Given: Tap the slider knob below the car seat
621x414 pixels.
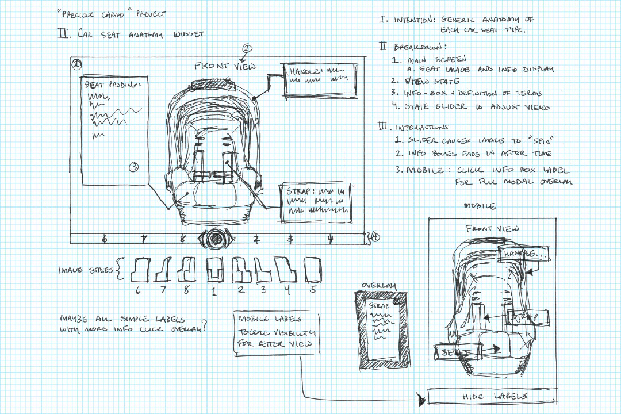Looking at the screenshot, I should click(x=216, y=238).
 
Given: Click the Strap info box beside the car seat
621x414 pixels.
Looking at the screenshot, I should click(x=315, y=202).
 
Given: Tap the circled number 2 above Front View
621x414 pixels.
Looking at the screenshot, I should click(x=247, y=48).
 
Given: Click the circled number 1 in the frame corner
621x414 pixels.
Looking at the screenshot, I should click(x=76, y=64).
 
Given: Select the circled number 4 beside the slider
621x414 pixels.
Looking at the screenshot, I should click(x=375, y=236).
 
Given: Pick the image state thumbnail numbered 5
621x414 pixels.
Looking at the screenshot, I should click(x=312, y=268).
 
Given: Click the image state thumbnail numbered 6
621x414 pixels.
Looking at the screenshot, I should click(x=139, y=269).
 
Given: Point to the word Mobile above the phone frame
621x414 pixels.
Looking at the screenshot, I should click(x=480, y=206).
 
